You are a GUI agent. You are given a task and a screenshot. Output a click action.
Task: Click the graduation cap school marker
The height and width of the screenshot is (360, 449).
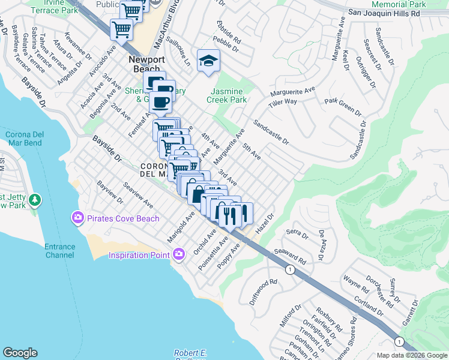click(208, 61)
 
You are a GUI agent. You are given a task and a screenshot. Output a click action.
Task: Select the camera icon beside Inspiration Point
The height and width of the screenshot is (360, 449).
click(178, 256)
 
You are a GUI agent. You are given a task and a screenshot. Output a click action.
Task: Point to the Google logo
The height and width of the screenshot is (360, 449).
click(20, 353)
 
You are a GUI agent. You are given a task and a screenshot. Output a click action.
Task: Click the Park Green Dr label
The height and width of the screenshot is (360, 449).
click(343, 107)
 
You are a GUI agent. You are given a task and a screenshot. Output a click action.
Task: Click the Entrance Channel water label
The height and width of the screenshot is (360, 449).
click(59, 251)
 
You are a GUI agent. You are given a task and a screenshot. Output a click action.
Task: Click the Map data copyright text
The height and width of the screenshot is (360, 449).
click(411, 355)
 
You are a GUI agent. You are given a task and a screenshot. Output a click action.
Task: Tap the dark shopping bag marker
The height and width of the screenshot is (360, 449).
click(197, 193)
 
